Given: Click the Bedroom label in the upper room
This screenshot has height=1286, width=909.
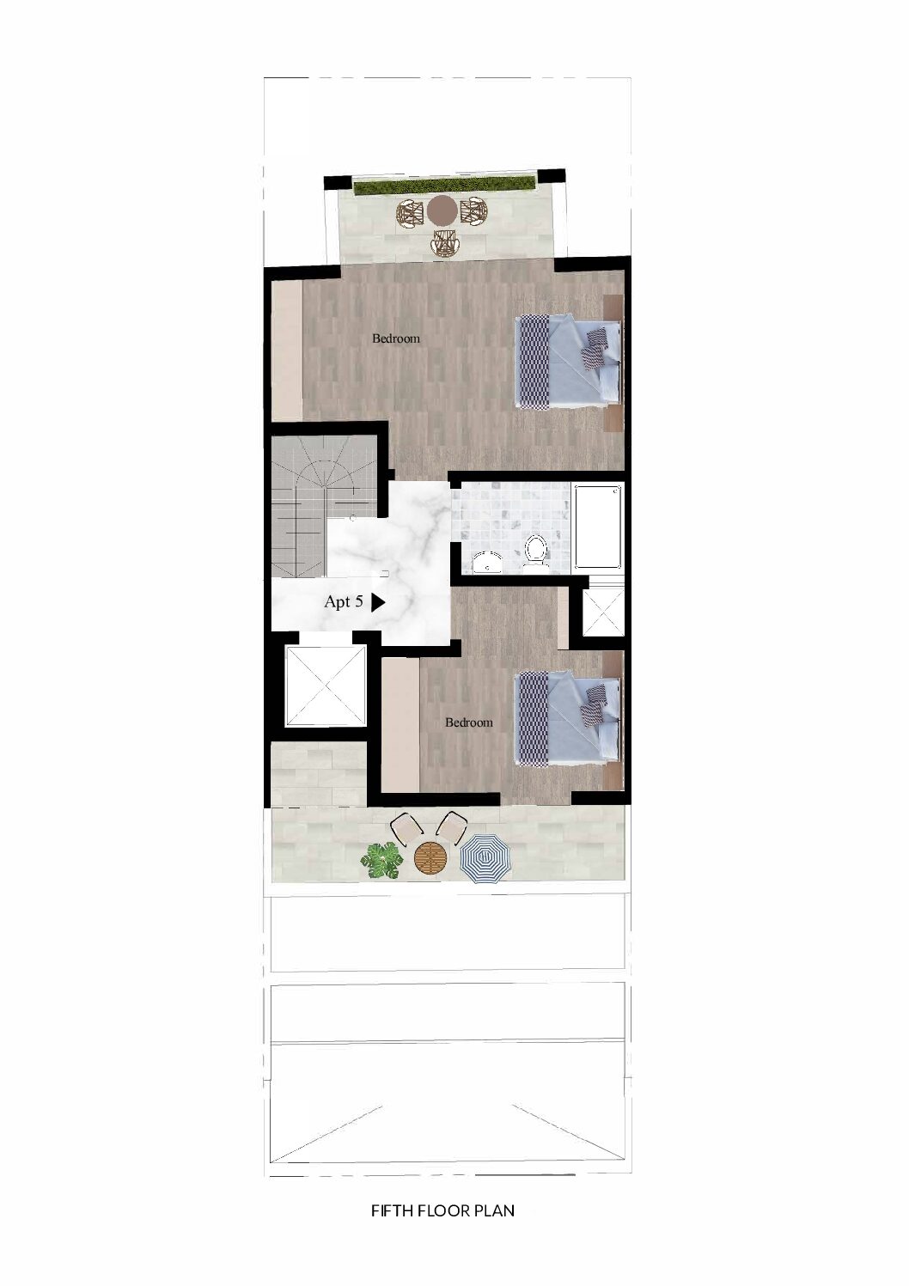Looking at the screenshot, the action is click(x=395, y=338).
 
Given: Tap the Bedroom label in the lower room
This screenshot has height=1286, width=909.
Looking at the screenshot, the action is click(x=468, y=722).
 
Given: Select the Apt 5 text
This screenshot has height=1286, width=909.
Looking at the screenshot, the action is click(x=344, y=601).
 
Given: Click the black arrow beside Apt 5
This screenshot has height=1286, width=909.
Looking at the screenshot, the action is click(x=377, y=602).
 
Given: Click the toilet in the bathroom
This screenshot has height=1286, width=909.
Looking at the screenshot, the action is click(x=536, y=550).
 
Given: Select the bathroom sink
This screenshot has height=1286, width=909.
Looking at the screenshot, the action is click(x=487, y=562).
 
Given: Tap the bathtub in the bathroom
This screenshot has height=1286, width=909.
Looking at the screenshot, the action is click(x=598, y=526).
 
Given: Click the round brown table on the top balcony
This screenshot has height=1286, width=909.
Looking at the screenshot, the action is click(x=442, y=210).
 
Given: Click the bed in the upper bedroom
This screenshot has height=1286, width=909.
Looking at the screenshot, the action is click(x=569, y=361).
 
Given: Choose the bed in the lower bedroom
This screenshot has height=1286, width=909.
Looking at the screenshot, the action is click(x=569, y=719).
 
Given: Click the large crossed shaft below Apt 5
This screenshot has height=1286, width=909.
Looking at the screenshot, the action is click(x=326, y=686).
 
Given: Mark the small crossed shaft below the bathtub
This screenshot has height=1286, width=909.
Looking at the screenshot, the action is click(x=603, y=613).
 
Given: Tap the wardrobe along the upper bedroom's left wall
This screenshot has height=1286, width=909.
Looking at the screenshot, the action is click(x=287, y=350).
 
